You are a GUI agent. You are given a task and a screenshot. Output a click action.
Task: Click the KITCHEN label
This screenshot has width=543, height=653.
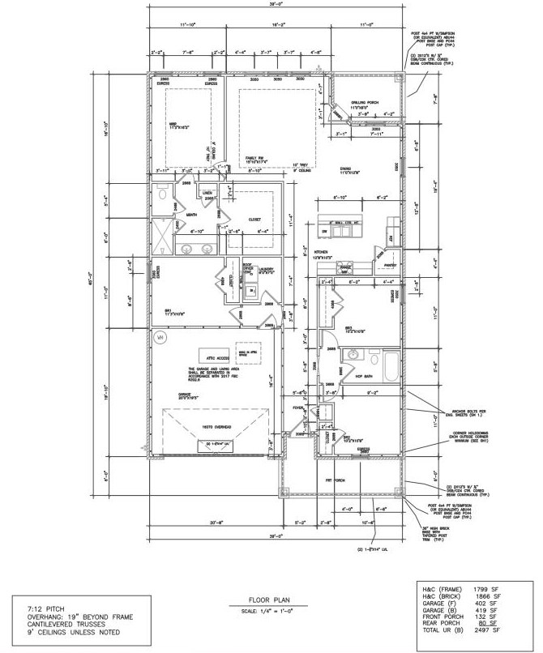coord(324,252)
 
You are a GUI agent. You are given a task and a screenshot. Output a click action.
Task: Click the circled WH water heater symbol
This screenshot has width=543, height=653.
coord(160,336)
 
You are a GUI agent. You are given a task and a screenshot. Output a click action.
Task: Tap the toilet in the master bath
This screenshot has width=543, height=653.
coord(163,196)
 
